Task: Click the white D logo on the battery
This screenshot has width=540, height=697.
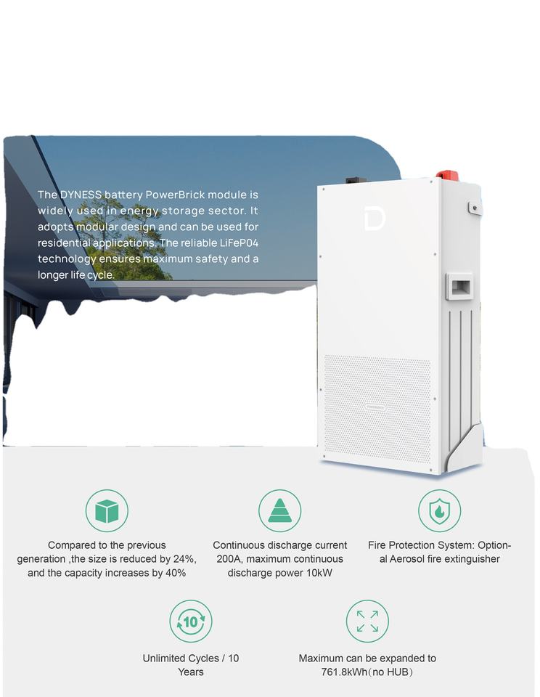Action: (375, 219)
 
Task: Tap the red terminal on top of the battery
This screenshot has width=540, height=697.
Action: (446, 176)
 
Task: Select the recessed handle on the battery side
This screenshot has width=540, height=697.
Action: (459, 286)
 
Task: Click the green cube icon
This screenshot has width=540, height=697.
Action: (107, 510)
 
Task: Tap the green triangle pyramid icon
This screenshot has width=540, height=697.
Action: (279, 510)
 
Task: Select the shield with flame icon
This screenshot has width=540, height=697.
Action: (439, 510)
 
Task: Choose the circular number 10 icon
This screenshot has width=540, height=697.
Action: (191, 621)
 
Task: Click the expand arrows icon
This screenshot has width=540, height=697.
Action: (367, 621)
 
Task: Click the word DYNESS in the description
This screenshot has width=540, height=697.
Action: (81, 195)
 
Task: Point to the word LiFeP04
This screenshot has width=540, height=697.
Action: (234, 242)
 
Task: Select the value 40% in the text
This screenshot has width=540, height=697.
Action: (174, 573)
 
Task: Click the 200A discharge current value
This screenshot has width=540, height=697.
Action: (229, 559)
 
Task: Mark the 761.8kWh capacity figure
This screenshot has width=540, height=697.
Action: (345, 672)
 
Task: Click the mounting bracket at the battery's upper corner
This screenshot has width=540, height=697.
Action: (474, 207)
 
